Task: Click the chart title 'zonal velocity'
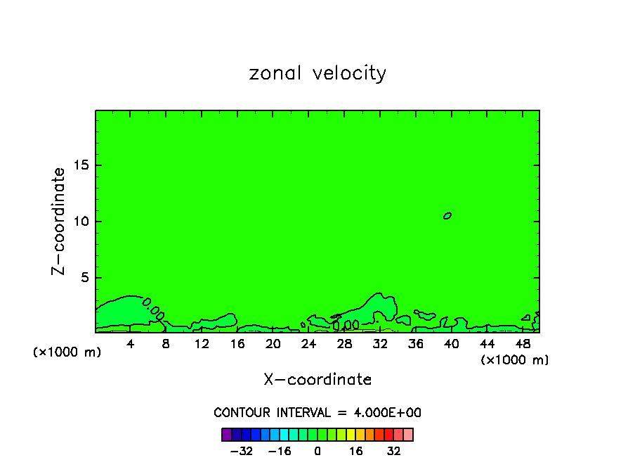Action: click(x=317, y=73)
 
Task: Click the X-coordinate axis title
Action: click(x=317, y=380)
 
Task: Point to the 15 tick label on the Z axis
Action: click(x=79, y=165)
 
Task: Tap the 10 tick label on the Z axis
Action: click(x=79, y=222)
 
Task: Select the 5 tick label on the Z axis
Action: click(x=82, y=278)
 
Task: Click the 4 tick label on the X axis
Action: click(x=131, y=343)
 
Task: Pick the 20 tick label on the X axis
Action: click(x=273, y=343)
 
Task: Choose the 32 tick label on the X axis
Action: click(x=380, y=343)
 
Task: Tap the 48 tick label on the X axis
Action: click(x=522, y=343)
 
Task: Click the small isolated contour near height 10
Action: click(x=447, y=215)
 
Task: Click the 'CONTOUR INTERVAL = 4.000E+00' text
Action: click(x=317, y=413)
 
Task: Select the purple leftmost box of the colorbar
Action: click(x=226, y=434)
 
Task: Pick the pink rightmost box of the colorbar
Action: click(x=408, y=434)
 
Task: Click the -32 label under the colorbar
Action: click(x=242, y=451)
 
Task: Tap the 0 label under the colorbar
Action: click(x=317, y=451)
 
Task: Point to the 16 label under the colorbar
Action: click(x=356, y=451)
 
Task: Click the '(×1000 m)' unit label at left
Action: click(x=67, y=352)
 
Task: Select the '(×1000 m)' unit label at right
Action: click(x=515, y=360)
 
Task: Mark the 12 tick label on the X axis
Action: click(x=202, y=343)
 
